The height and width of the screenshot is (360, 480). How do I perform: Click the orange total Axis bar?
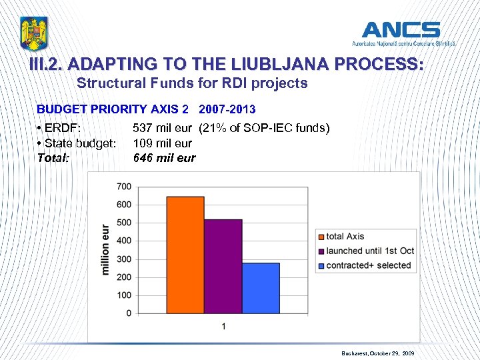[185, 255]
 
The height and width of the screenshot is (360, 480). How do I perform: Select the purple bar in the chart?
[223, 266]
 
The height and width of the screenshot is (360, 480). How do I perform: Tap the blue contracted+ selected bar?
[260, 288]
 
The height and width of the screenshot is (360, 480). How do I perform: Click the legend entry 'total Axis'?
[345, 236]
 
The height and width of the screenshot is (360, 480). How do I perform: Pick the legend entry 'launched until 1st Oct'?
[369, 251]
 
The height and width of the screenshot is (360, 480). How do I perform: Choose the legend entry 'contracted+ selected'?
[368, 265]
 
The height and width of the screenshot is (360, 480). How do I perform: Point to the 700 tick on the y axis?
[124, 186]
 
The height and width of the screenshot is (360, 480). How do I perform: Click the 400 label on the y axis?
[124, 241]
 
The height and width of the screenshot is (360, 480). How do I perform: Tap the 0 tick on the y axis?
[128, 313]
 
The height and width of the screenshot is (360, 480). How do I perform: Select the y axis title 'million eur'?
[105, 249]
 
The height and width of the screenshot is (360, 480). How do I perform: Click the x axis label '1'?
[223, 326]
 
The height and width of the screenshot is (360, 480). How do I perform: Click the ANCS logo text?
[401, 30]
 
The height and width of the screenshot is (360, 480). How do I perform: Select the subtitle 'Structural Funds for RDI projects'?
[192, 83]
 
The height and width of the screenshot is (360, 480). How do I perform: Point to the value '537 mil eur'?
[163, 128]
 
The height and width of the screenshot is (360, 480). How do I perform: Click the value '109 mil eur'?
[163, 143]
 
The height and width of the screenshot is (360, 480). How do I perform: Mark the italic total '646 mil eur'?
[165, 158]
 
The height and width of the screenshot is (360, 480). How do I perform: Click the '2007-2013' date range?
[227, 109]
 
